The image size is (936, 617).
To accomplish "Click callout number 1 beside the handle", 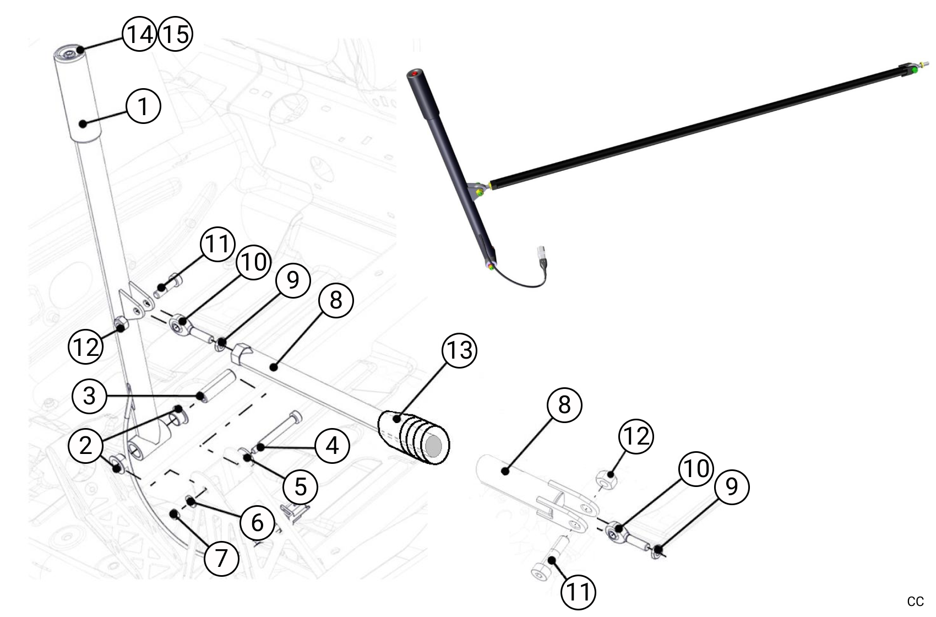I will click(143, 106).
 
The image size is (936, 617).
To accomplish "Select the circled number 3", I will click(89, 396).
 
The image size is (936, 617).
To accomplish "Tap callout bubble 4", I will click(332, 445).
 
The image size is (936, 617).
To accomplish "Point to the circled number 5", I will click(300, 486).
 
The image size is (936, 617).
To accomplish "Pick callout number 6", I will click(257, 522).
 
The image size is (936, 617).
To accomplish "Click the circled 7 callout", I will click(221, 558).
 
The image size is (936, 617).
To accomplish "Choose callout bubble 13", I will click(460, 350).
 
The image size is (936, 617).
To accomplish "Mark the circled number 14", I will click(139, 34).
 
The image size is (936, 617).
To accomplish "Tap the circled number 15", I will click(175, 34).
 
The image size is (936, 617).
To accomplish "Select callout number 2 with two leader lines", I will click(85, 445).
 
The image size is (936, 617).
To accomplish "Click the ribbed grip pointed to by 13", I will click(414, 438).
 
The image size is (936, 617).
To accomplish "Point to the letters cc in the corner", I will click(915, 601).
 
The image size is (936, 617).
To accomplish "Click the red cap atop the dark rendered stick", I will click(415, 73).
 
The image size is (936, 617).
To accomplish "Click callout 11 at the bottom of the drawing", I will click(578, 592).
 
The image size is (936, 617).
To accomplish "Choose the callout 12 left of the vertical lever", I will click(85, 347).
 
